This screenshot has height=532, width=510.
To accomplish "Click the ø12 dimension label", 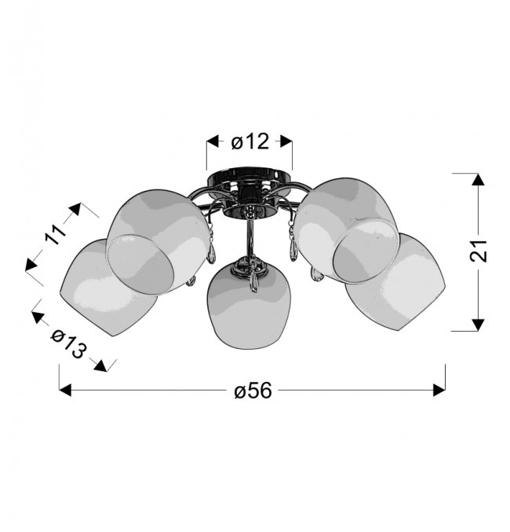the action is (x=250, y=141).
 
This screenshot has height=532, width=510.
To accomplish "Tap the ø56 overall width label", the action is (x=253, y=391).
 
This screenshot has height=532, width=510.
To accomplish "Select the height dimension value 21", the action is (x=478, y=251).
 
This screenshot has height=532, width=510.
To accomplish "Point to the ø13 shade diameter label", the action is (x=67, y=344).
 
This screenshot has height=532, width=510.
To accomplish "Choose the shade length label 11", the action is (x=56, y=234).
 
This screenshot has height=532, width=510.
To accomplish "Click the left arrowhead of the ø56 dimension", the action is (x=65, y=391).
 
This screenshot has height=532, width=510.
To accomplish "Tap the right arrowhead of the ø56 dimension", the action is (x=439, y=391).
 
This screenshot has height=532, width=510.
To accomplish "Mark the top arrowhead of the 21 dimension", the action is (x=478, y=179).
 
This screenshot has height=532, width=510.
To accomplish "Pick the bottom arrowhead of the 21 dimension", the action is (x=478, y=325).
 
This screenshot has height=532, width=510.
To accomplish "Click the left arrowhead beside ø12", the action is (x=213, y=141).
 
